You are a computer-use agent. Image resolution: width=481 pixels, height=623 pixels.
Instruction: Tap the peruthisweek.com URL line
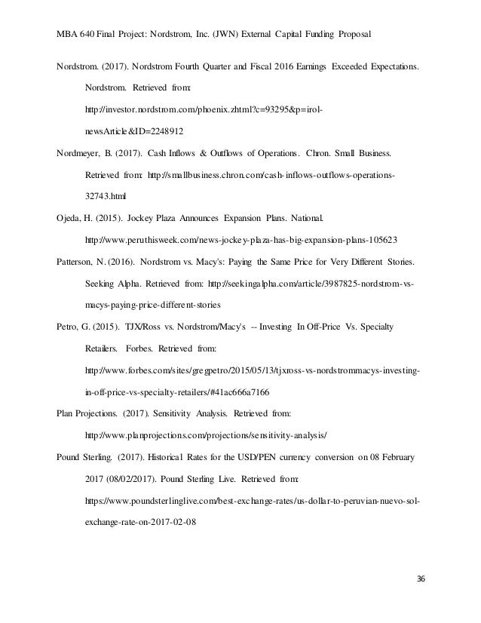pyautogui.click(x=243, y=241)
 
